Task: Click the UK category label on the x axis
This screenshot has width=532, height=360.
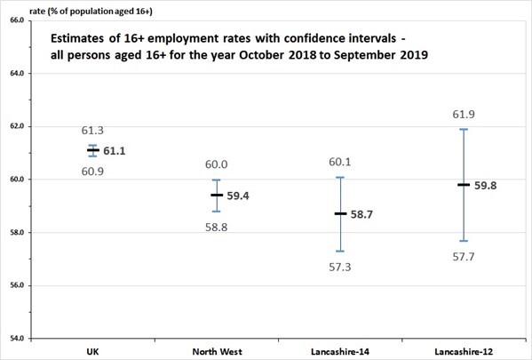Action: pos(92,351)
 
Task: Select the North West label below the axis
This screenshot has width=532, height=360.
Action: pos(217,351)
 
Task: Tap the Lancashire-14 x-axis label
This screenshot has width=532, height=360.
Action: pos(340,351)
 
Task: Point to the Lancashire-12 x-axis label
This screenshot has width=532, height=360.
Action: pos(464,351)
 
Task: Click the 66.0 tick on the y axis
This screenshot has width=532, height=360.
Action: pos(17,20)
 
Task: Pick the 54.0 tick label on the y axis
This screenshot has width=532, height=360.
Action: pos(17,339)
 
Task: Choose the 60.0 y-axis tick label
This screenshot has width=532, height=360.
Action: pos(17,179)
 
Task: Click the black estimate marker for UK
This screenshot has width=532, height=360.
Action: pos(93,149)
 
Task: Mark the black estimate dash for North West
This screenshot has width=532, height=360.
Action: pos(217,195)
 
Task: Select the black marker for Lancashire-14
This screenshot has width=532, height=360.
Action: pos(340,213)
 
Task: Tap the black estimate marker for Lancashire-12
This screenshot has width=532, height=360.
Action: pos(464,185)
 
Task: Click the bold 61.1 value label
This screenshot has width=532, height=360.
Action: pos(115,151)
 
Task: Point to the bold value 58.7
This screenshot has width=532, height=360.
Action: pos(361,214)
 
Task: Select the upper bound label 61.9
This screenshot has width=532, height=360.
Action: pos(464,115)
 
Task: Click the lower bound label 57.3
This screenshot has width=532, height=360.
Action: pos(340,268)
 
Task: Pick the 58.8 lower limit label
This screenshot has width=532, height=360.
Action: pos(217,228)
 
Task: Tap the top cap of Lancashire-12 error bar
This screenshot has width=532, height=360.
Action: pos(464,129)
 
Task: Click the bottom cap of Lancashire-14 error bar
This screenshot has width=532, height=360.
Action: pos(340,252)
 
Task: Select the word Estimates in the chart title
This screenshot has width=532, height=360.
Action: pos(77,38)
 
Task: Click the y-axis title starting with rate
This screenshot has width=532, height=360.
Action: pos(91,12)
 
